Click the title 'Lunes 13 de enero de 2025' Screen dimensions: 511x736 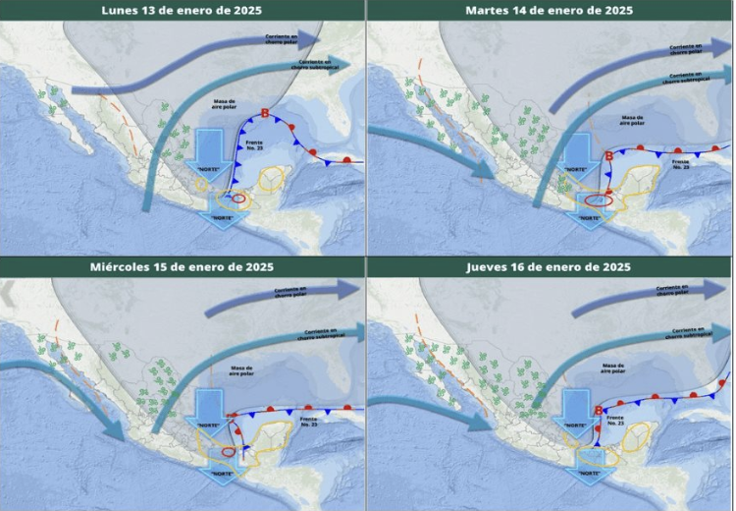pyautogui.click(x=182, y=10)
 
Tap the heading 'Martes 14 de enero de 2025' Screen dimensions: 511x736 pyautogui.click(x=550, y=10)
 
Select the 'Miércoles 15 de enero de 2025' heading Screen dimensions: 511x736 pyautogui.click(x=182, y=266)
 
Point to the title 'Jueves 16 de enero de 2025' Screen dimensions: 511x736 pyautogui.click(x=550, y=266)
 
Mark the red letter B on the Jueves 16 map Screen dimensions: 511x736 pyautogui.click(x=599, y=410)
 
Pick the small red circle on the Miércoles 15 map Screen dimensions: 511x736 pyautogui.click(x=229, y=451)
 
